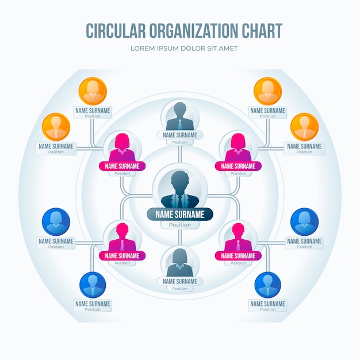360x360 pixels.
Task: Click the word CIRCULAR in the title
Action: [x=116, y=30]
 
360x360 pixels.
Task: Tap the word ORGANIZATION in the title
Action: [x=194, y=30]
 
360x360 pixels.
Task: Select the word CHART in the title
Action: [x=262, y=30]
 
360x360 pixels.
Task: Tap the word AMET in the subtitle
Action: [x=228, y=48]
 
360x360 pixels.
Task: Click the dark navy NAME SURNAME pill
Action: [x=180, y=215]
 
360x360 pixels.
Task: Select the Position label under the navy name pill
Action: [x=180, y=225]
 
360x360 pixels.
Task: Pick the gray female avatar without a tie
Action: [x=180, y=262]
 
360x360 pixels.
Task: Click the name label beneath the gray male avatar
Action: [x=180, y=135]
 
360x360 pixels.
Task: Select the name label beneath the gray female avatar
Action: [x=180, y=281]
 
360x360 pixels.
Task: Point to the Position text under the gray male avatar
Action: [x=180, y=143]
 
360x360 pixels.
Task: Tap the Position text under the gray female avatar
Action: [x=180, y=289]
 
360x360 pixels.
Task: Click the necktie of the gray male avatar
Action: [x=180, y=124]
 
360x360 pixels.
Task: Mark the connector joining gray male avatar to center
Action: [x=180, y=154]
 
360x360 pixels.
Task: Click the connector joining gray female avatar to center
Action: [x=180, y=237]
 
